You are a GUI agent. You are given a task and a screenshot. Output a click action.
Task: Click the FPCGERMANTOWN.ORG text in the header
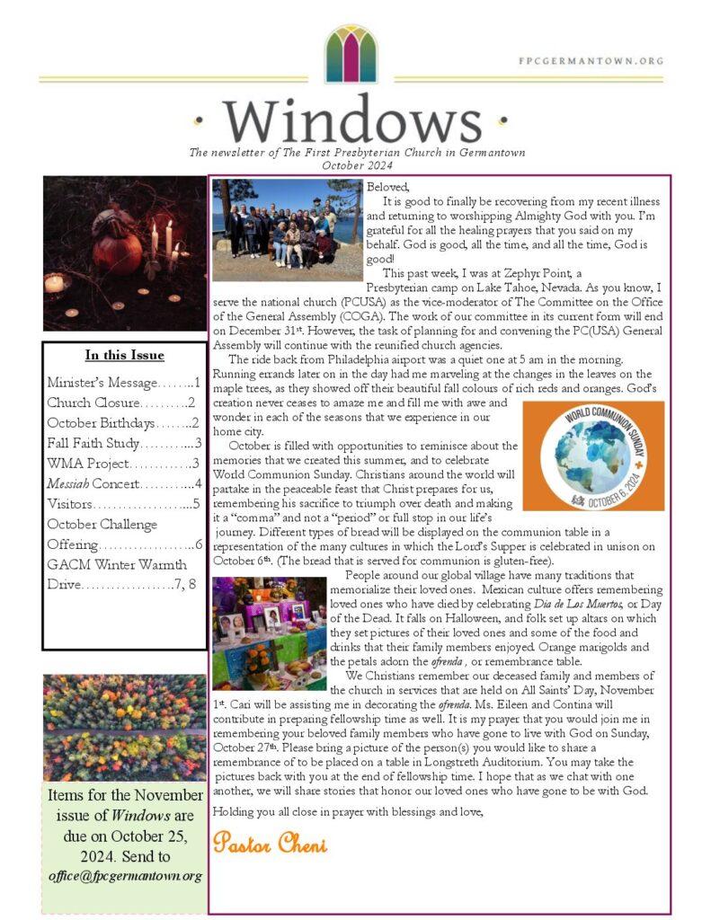[x=591, y=61]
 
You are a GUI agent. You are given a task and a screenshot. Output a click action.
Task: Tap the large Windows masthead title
[x=352, y=119]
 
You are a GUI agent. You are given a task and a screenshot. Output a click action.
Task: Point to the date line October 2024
[x=357, y=165]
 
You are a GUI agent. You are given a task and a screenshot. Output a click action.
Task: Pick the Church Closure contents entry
[x=121, y=402]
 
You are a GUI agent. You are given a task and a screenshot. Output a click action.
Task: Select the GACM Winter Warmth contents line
[x=117, y=564]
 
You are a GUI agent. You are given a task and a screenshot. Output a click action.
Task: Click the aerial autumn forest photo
[x=124, y=727]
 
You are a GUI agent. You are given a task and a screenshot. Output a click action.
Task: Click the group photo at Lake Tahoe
[x=287, y=230]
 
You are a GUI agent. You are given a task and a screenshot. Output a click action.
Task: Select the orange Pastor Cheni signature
[x=270, y=845]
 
